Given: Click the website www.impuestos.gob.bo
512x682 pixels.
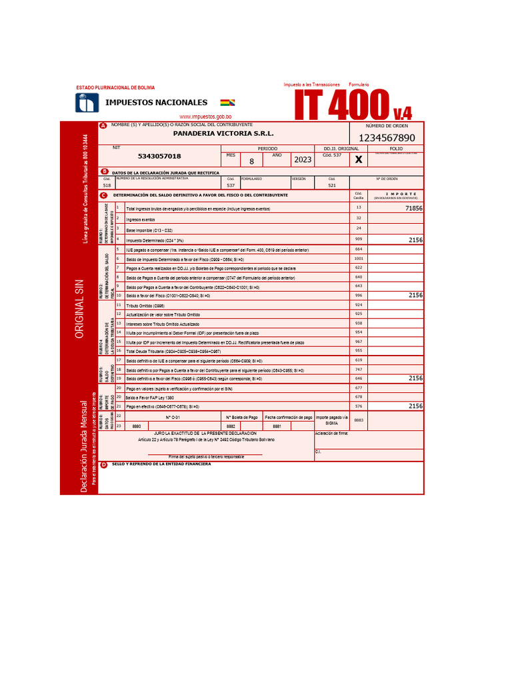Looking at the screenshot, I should coord(205,117).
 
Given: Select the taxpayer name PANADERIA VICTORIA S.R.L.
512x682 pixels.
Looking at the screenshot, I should coord(223,133).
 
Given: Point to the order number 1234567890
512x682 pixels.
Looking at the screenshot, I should coord(387,138).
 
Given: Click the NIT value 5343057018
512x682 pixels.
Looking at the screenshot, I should coord(159,156).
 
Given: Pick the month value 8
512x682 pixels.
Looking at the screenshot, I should coord(251,161).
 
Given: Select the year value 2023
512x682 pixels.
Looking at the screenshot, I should coord(302,160).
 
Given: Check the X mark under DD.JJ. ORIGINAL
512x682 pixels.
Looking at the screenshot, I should coord(359,160).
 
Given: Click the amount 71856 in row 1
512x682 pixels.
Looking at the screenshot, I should coord(414,208).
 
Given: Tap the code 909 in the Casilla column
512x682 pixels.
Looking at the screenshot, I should coord(359,238).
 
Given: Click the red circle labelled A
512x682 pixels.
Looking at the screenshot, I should coord(103,126).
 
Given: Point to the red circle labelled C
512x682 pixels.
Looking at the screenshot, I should coord(103,195).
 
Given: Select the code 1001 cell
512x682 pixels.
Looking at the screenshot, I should coord(359,258).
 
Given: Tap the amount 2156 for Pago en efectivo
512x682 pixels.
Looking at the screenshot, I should coord(415,406).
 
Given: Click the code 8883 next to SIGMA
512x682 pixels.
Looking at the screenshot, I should coord(359,420).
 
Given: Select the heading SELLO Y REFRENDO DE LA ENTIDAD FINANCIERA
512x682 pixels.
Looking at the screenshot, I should coord(161,464).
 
